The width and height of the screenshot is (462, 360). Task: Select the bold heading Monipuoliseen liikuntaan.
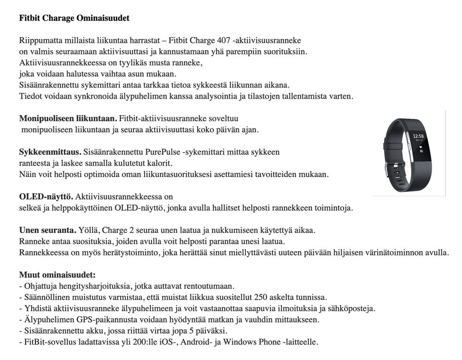68,118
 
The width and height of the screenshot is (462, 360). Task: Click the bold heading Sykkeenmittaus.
50,152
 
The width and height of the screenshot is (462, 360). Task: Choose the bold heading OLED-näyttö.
46,197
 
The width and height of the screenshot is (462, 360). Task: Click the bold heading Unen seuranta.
48,230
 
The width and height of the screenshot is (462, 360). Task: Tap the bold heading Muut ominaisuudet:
57,275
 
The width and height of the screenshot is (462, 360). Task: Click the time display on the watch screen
418,136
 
